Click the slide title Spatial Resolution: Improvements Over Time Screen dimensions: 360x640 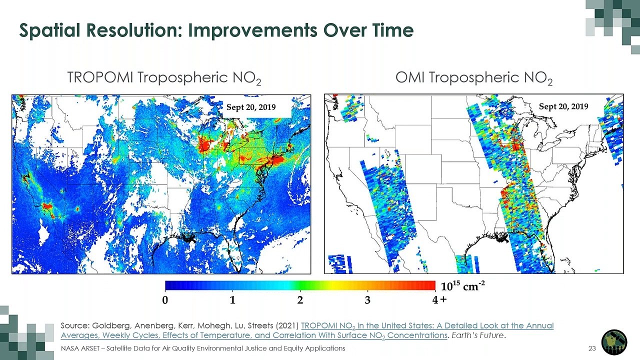click(x=216, y=30)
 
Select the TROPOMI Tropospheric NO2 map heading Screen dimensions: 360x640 click(x=164, y=78)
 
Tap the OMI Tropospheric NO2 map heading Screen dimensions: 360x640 click(x=474, y=78)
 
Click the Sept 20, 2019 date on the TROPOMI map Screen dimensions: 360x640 click(x=251, y=107)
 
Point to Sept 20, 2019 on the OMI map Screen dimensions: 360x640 click(x=563, y=106)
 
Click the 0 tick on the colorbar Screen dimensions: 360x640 click(x=165, y=300)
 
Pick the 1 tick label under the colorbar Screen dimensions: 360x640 click(x=232, y=300)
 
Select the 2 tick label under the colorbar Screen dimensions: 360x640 click(x=300, y=300)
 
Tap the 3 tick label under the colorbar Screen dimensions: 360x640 click(x=367, y=300)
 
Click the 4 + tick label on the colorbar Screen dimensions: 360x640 click(x=438, y=300)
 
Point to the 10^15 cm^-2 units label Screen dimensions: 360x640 click(x=462, y=286)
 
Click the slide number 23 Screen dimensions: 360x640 click(x=592, y=348)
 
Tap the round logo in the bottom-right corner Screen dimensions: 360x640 click(x=613, y=342)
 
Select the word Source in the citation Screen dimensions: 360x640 click(x=72, y=326)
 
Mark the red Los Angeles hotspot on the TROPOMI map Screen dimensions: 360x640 click(x=47, y=205)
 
